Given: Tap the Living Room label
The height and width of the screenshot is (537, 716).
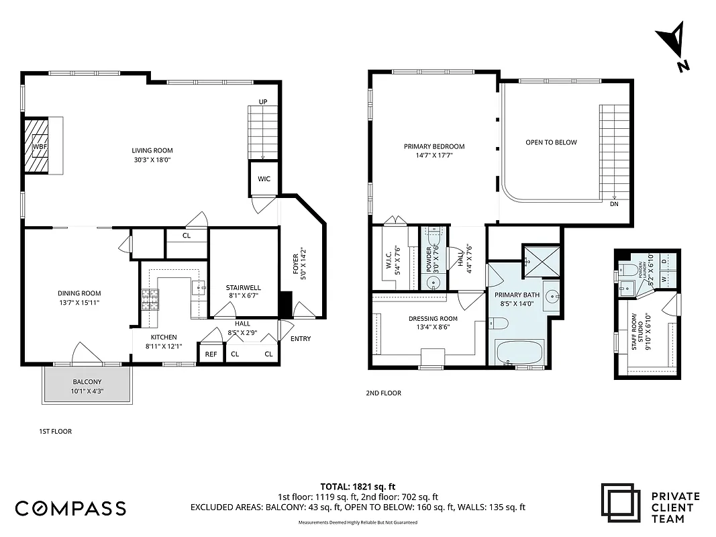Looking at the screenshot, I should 152,155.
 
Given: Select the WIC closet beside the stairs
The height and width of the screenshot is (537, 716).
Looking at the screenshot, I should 262,179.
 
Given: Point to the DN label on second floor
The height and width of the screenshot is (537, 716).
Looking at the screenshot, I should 614,204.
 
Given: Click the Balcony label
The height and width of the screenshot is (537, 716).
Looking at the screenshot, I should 87,387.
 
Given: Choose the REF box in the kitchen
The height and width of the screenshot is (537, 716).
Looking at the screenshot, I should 211,354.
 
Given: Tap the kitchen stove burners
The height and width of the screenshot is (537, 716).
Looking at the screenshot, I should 150,299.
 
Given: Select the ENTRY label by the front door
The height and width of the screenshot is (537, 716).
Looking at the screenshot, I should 300,338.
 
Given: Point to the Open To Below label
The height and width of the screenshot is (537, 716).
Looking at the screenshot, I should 551,142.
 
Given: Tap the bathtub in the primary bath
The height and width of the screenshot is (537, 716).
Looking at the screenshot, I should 521,352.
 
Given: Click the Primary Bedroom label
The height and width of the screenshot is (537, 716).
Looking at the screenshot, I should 433,151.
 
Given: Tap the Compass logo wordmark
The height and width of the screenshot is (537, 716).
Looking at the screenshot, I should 70,508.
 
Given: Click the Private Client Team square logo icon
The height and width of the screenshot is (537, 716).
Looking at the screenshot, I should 621,504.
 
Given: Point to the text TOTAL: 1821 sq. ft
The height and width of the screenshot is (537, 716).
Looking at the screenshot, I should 358,486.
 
